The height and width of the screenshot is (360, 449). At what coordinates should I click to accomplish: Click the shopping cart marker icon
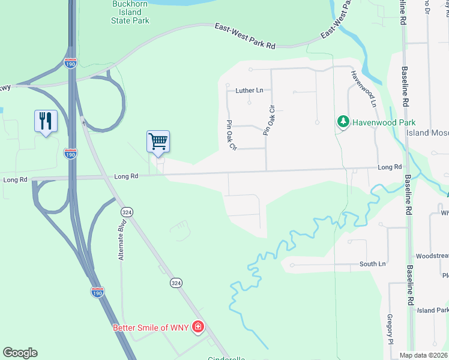click(x=158, y=142)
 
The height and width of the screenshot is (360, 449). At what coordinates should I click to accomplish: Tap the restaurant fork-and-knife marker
click(x=46, y=121)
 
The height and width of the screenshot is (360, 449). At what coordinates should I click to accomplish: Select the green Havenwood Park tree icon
click(x=343, y=122)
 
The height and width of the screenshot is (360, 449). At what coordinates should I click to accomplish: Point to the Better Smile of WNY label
click(x=151, y=327)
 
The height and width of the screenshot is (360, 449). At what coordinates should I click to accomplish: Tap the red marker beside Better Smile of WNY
click(x=198, y=327)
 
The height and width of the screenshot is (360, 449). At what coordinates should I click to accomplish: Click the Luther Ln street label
click(x=249, y=91)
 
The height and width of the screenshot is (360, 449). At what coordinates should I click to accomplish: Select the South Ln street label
click(x=372, y=264)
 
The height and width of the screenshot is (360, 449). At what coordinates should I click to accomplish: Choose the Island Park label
click(x=433, y=310)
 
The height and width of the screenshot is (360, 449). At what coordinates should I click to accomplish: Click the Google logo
click(x=20, y=353)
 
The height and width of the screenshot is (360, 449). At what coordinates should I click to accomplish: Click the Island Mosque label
click(x=427, y=133)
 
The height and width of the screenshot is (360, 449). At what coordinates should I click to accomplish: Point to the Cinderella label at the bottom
click(x=226, y=358)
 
